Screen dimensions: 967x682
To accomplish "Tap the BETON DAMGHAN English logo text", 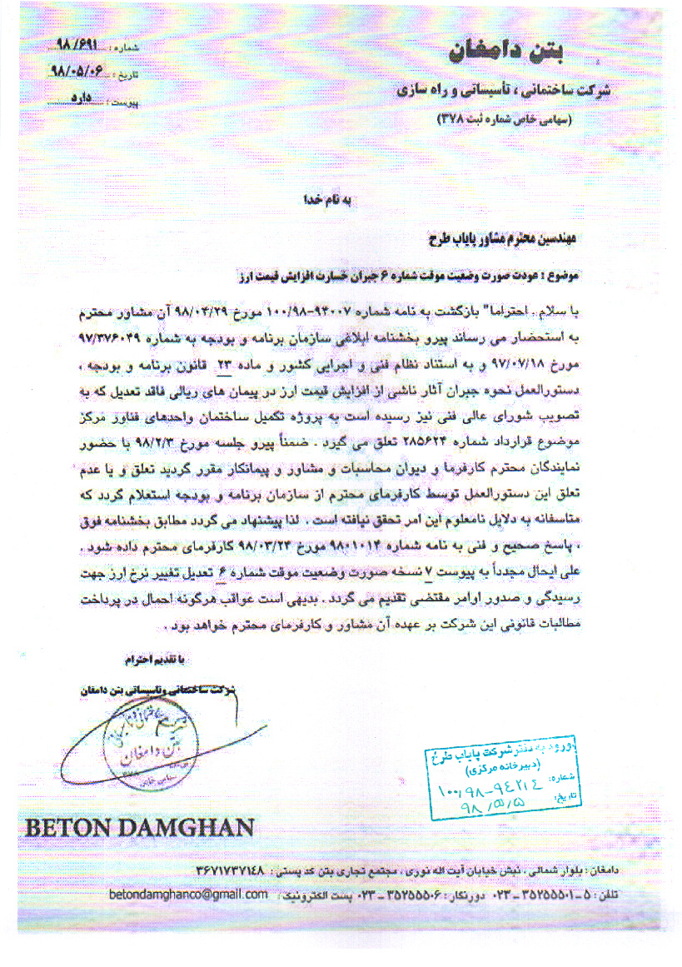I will (x=139, y=828).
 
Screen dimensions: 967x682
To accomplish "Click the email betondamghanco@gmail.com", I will (x=188, y=894).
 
